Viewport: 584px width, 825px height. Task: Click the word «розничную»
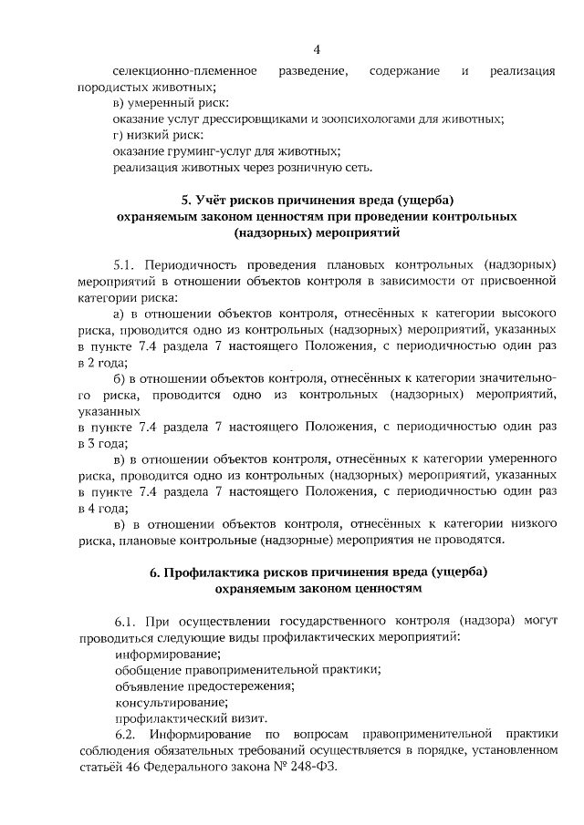point(302,168)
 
